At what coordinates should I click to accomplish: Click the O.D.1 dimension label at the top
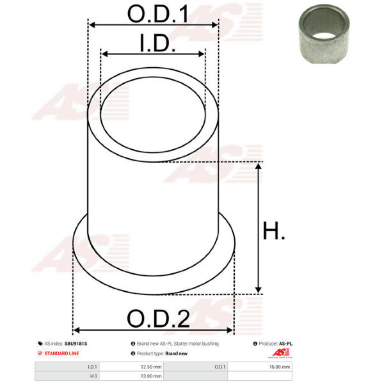pos(158,14)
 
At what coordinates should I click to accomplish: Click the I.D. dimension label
pos(157,44)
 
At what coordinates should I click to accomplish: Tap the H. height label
pos(273,230)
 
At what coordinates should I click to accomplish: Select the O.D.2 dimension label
pos(158,318)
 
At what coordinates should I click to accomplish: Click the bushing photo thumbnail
pos(324,34)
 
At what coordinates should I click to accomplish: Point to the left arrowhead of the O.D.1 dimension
pos(92,25)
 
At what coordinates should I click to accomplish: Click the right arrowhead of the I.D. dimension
pos(202,54)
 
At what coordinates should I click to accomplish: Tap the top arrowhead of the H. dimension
pos(258,166)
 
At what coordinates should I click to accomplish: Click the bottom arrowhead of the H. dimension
pos(258,289)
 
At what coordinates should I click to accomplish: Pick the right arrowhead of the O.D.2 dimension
pos(230,330)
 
